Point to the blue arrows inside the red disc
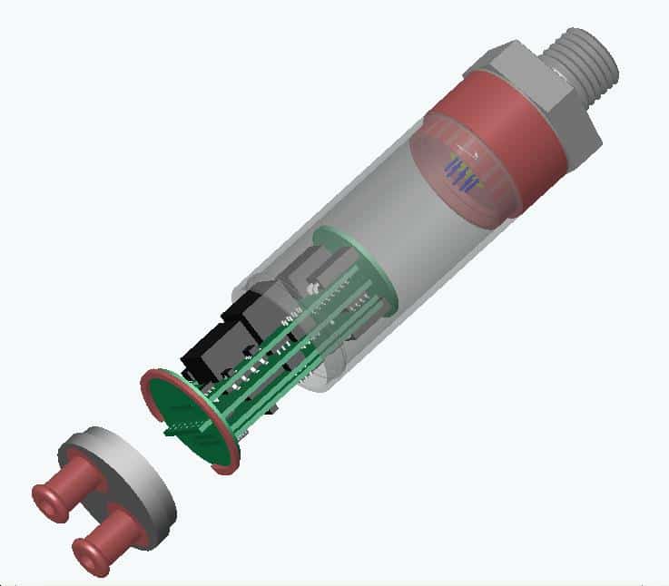coord(463,172)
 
